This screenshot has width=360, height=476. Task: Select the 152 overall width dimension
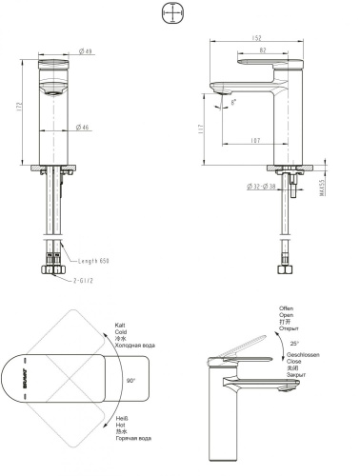coord(258,39)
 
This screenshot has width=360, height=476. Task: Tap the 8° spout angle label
coord(234,100)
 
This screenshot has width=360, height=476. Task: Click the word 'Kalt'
coord(120,325)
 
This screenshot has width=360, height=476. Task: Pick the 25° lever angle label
coord(293,343)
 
